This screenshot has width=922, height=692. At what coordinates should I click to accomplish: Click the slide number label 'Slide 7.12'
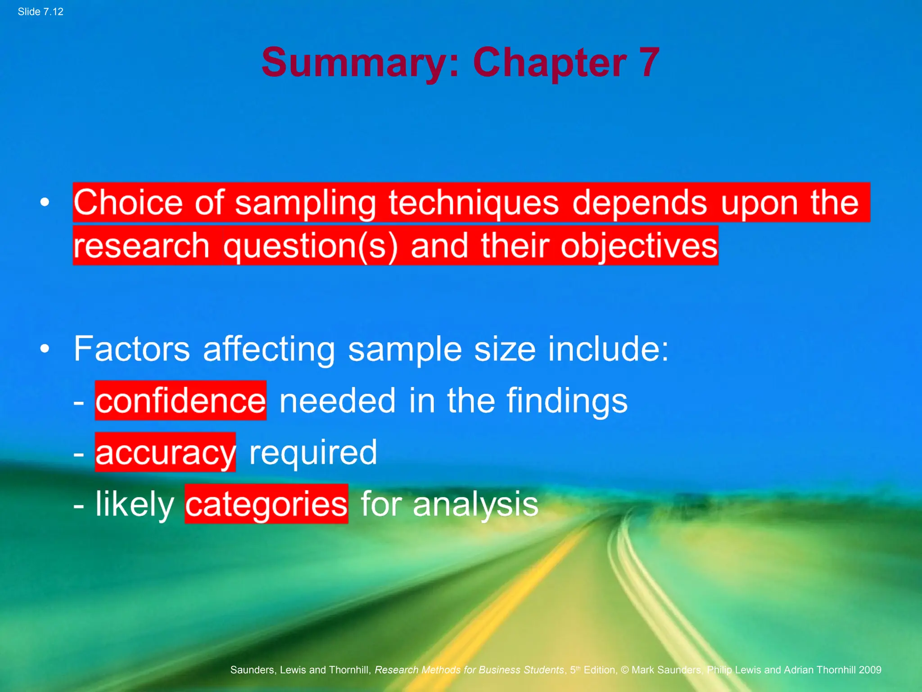pos(41,12)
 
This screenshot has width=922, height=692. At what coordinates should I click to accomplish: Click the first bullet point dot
pos(45,202)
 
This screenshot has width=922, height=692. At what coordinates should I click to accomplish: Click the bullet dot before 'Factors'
pos(45,348)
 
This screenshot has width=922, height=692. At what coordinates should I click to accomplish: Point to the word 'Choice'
pos(128,202)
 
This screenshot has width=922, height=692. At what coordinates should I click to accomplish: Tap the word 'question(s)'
pos(311,246)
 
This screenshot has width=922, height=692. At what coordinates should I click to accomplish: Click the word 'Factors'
pos(132,349)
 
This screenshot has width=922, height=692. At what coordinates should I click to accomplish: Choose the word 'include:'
pos(608,349)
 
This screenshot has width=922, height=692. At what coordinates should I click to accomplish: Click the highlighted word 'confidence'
pos(181,401)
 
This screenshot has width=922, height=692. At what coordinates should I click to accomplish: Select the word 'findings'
pos(567,401)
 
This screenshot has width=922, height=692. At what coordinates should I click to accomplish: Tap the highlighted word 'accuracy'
pos(165,452)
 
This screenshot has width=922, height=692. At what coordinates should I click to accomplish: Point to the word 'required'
pos(313,452)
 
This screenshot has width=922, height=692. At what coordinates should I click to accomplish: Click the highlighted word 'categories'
pos(266,504)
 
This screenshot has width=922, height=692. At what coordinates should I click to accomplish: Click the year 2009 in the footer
pos(870,670)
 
